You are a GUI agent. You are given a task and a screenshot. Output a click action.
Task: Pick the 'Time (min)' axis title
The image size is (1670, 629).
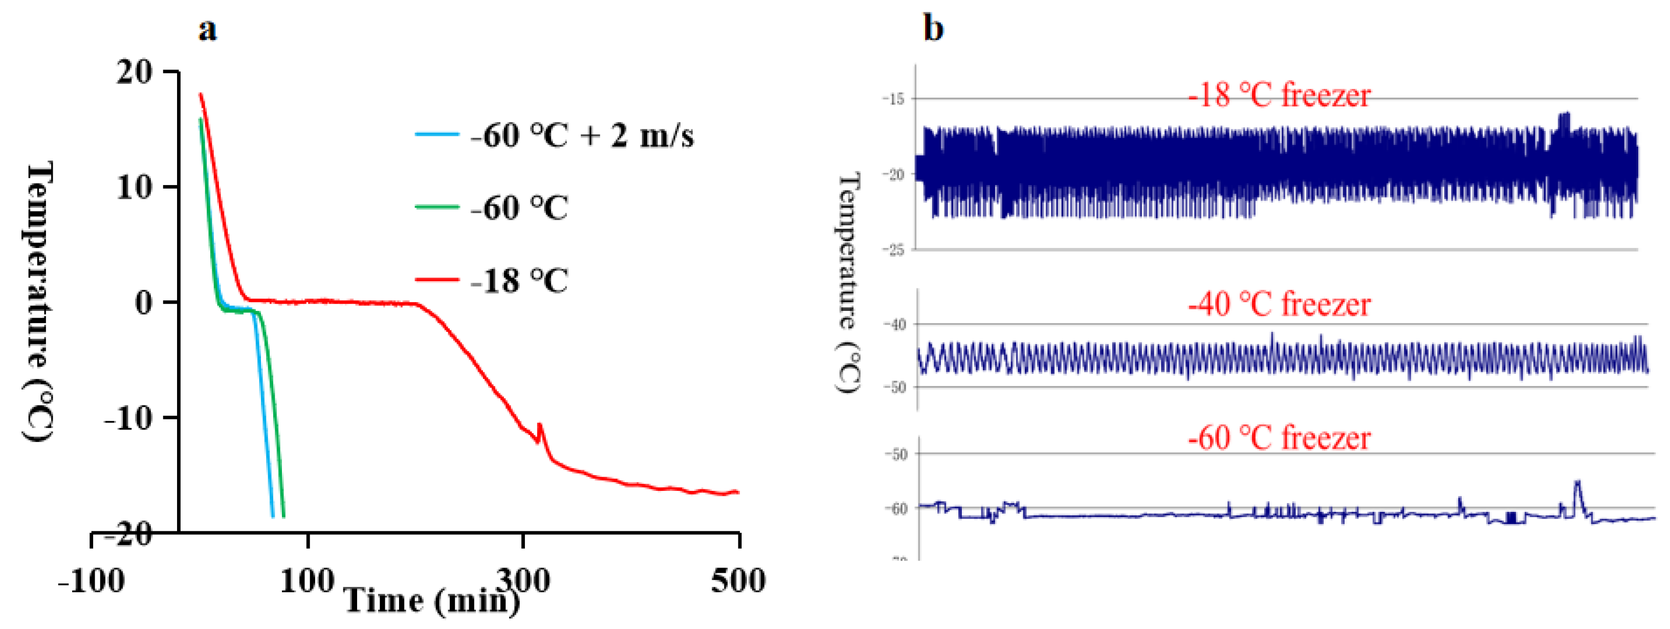431,600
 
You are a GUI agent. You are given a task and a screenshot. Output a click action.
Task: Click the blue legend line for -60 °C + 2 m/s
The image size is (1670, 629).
437,134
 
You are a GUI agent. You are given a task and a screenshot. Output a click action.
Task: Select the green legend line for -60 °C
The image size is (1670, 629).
437,207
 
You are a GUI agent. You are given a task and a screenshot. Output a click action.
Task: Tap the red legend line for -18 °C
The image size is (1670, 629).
437,280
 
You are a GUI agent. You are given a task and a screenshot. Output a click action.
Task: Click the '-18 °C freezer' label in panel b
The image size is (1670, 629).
1279,96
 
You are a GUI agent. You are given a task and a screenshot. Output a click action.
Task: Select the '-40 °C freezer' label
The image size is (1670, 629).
1279,304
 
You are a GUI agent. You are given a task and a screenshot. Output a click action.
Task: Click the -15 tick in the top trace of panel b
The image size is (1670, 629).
896,99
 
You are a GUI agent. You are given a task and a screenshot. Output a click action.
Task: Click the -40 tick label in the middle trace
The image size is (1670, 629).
896,324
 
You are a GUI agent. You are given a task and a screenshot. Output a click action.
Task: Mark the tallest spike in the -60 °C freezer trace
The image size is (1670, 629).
1577,483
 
